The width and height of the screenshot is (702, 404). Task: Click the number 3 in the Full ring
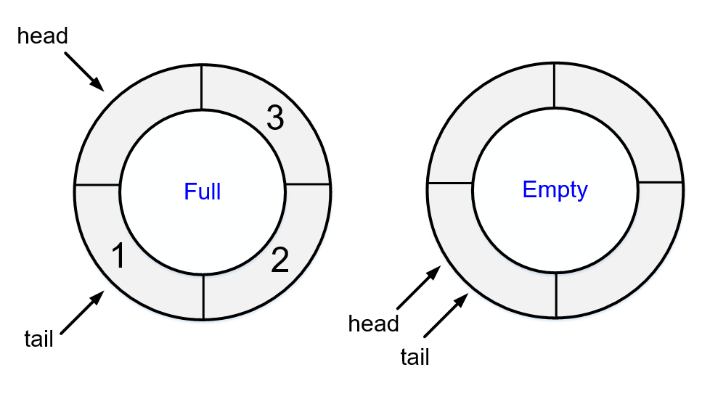click(x=274, y=118)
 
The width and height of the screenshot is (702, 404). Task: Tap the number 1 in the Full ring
click(x=119, y=255)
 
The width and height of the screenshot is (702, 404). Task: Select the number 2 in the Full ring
click(x=279, y=261)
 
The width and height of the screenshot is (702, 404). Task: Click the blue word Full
click(x=202, y=192)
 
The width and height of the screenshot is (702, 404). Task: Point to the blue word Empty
click(x=555, y=190)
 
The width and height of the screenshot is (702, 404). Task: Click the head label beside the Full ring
click(x=42, y=36)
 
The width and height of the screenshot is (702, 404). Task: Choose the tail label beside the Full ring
click(x=38, y=339)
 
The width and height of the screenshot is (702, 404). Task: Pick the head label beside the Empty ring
click(x=374, y=323)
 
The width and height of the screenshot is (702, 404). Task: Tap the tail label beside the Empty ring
click(x=415, y=357)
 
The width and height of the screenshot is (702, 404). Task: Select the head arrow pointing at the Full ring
click(x=85, y=72)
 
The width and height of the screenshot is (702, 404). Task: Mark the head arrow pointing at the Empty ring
click(x=417, y=288)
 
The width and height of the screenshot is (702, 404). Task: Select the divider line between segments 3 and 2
click(x=309, y=186)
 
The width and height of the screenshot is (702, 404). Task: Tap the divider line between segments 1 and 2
click(x=203, y=297)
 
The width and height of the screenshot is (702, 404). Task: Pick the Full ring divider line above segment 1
click(x=97, y=186)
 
